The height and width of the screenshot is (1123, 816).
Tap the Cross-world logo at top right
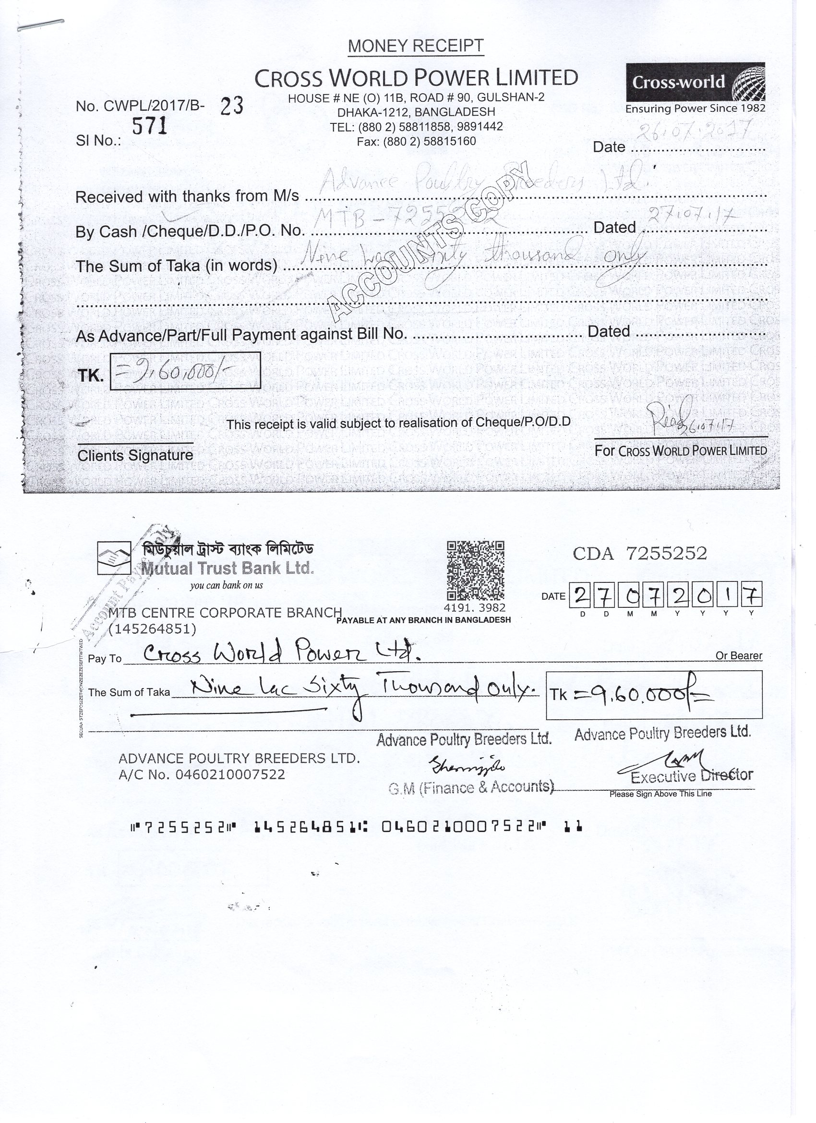[695, 83]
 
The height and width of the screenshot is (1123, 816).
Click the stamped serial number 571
[150, 127]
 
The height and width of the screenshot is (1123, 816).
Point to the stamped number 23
[232, 106]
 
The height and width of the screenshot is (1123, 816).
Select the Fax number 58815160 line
[416, 142]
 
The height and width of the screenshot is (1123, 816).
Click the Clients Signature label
[135, 456]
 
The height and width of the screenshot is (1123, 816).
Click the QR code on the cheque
[475, 570]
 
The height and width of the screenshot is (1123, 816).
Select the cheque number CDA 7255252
[640, 553]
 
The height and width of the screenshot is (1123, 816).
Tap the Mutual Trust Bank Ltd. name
[228, 568]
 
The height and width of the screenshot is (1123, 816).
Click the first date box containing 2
[580, 595]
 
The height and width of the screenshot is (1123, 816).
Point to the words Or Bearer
[738, 655]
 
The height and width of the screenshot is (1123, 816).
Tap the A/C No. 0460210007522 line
[202, 774]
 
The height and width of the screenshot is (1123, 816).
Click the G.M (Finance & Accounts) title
[470, 788]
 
